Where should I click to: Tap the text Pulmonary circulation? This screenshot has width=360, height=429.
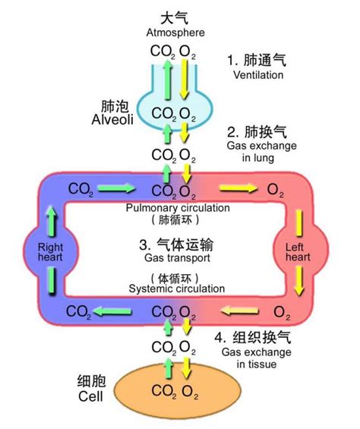click(x=175, y=207)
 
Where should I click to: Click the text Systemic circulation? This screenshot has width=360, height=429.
click(x=176, y=289)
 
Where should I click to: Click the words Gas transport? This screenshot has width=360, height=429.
click(x=175, y=259)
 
